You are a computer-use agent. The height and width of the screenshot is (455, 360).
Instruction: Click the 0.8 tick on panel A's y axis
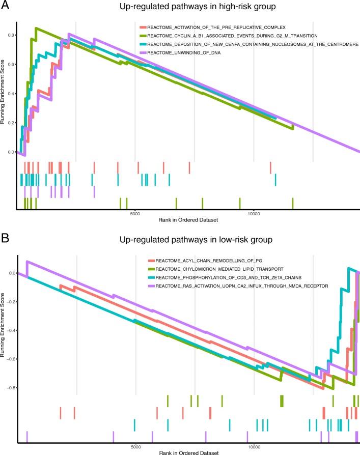11,35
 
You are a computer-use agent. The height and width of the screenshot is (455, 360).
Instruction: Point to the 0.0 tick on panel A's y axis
11,152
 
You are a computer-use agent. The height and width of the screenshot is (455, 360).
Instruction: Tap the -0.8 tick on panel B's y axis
10,388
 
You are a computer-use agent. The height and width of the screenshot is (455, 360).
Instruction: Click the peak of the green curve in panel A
35,29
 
